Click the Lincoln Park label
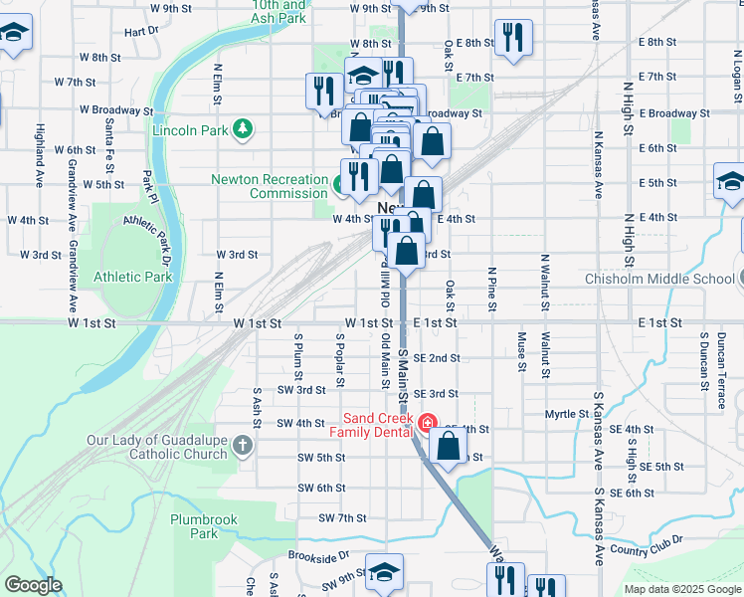(189, 129)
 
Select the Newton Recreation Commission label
(269, 186)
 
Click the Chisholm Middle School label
(659, 279)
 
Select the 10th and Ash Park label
(265, 12)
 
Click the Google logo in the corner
(33, 585)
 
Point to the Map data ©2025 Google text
(681, 589)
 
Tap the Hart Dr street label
(142, 32)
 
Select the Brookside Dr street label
(319, 555)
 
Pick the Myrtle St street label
(567, 413)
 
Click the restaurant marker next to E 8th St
(513, 37)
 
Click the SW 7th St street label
(343, 518)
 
